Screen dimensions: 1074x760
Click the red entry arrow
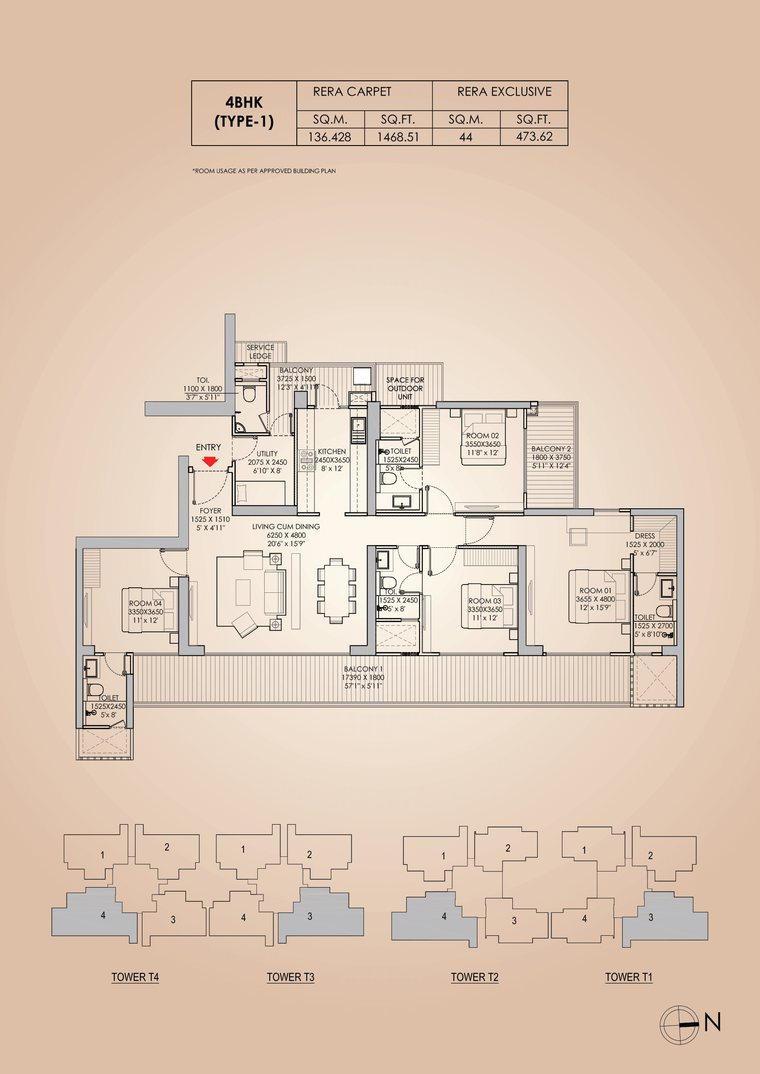pos(210,461)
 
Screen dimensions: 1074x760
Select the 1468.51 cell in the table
pos(398,137)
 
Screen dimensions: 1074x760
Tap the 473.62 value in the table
pos(534,137)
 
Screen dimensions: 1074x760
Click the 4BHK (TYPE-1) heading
pos(244,112)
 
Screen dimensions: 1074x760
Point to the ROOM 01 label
pos(595,591)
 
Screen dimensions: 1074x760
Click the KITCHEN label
pos(332,451)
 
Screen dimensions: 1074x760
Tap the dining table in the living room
pos(336,591)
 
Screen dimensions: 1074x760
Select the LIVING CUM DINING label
pos(286,527)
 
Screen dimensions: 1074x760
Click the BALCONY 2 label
pos(551,449)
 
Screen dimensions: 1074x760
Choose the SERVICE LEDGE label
pos(260,352)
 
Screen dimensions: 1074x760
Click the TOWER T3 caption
pos(290,977)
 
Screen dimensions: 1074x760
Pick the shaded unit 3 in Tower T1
pos(664,918)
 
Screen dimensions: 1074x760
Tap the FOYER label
pos(210,511)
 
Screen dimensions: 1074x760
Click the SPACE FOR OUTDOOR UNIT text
pos(405,388)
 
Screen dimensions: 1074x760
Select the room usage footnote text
pos(264,171)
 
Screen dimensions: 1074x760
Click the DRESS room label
pos(644,536)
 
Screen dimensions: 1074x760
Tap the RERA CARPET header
pos(352,92)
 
